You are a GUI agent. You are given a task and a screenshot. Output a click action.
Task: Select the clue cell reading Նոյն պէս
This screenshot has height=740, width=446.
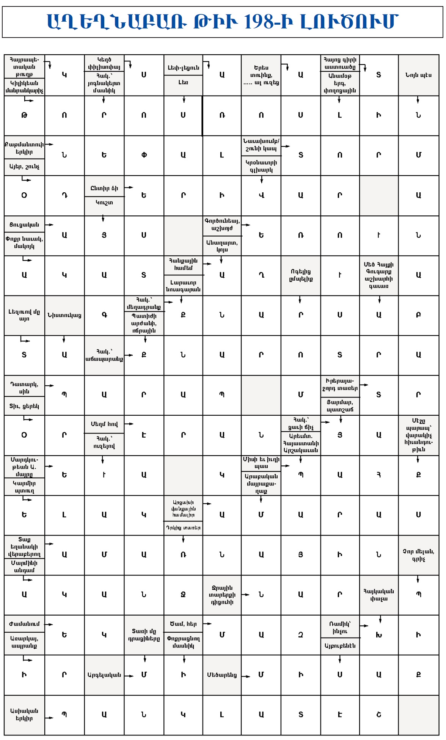coord(418,75)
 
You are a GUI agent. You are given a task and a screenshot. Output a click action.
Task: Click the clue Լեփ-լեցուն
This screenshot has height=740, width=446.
coord(183,68)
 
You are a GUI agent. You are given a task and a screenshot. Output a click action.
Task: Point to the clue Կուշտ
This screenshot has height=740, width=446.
coord(104,203)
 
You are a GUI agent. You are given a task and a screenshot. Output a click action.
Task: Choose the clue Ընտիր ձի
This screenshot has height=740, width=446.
coord(104,188)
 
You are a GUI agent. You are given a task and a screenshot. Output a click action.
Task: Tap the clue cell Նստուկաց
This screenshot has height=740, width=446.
coord(64,315)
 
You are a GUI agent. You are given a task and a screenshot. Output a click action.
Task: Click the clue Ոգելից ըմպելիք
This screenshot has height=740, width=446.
coord(301,275)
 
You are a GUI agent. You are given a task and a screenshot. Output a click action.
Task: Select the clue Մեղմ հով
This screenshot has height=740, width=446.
coord(104,424)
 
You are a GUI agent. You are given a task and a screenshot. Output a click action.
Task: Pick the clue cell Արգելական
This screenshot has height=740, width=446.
coord(104,675)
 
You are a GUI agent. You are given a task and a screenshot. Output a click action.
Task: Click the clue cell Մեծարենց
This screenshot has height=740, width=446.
coord(222,675)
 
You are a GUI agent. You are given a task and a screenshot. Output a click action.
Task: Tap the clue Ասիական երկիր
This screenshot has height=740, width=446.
coord(24,715)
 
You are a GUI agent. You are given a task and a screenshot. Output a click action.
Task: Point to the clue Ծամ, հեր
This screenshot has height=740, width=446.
coord(183,624)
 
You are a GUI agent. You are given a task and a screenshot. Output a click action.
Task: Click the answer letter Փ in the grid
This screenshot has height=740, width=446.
coord(144,155)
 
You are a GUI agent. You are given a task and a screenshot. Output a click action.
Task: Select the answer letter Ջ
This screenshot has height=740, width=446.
coord(183,595)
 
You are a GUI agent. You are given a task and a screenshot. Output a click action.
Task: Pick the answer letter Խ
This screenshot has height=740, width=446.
coord(378,635)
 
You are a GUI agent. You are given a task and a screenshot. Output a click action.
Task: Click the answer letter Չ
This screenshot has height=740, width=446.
coord(301,635)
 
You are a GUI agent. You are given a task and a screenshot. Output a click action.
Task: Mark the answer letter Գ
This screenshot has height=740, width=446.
coord(104,315)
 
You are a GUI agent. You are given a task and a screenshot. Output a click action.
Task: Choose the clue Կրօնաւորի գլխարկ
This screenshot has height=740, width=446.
coord(261,166)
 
